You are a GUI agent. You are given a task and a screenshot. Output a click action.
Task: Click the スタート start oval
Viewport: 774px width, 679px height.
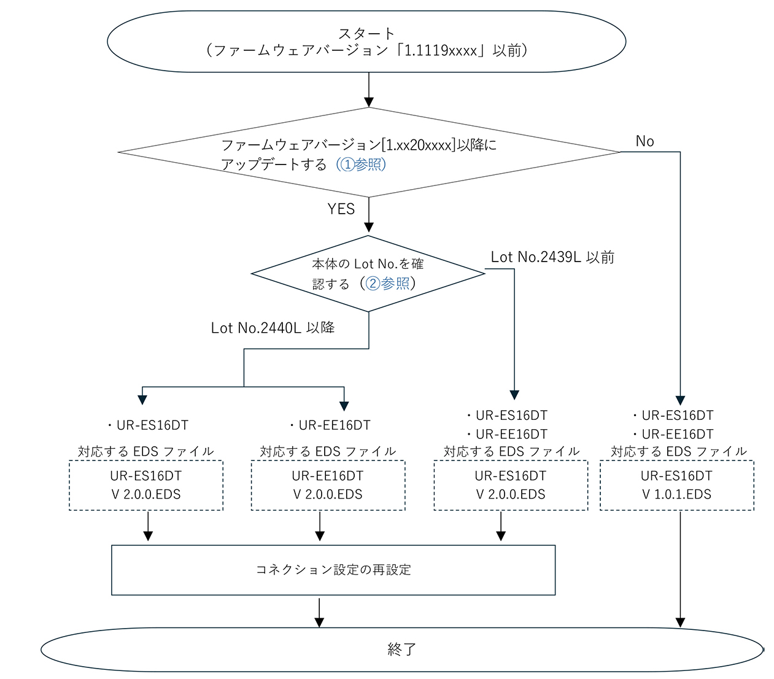(366, 42)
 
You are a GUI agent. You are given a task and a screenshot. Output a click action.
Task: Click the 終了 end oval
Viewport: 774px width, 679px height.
(402, 649)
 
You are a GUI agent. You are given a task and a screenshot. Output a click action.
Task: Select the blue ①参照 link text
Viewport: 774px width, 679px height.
(361, 165)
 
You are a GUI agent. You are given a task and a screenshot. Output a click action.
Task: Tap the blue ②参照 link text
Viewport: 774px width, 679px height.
(388, 284)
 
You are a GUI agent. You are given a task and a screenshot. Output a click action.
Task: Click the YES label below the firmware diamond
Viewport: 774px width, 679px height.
(341, 209)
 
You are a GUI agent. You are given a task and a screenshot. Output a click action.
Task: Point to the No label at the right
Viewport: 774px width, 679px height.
(644, 141)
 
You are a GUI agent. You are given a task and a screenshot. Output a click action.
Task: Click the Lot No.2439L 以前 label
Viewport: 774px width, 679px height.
(552, 257)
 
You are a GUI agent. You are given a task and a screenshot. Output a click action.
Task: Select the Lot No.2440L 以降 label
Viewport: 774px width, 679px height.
(273, 328)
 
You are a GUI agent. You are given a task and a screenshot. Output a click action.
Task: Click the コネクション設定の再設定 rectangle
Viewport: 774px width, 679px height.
(333, 570)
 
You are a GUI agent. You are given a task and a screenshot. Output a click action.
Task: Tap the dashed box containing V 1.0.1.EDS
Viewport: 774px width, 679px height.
(676, 485)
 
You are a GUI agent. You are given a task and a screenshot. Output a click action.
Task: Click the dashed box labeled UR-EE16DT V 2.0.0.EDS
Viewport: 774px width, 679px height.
(328, 485)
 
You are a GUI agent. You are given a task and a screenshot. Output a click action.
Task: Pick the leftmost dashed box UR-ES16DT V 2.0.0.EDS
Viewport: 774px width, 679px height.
(146, 485)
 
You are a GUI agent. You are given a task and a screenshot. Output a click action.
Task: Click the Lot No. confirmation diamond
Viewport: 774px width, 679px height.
(368, 274)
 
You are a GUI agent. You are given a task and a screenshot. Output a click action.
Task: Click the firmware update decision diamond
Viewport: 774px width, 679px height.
(368, 152)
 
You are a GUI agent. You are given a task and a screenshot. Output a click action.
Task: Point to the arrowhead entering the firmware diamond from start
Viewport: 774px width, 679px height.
(369, 102)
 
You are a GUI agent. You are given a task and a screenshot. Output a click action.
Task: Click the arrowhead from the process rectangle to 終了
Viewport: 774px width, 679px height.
(319, 622)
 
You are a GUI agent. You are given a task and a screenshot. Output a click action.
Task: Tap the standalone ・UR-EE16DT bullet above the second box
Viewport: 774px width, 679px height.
(330, 425)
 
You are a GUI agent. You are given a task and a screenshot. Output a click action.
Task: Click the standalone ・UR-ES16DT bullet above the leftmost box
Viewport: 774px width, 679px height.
(147, 425)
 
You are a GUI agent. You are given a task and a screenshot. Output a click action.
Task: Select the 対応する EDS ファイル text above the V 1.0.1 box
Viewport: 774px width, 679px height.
(678, 452)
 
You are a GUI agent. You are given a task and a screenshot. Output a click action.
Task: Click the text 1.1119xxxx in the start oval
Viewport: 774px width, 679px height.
(441, 51)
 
